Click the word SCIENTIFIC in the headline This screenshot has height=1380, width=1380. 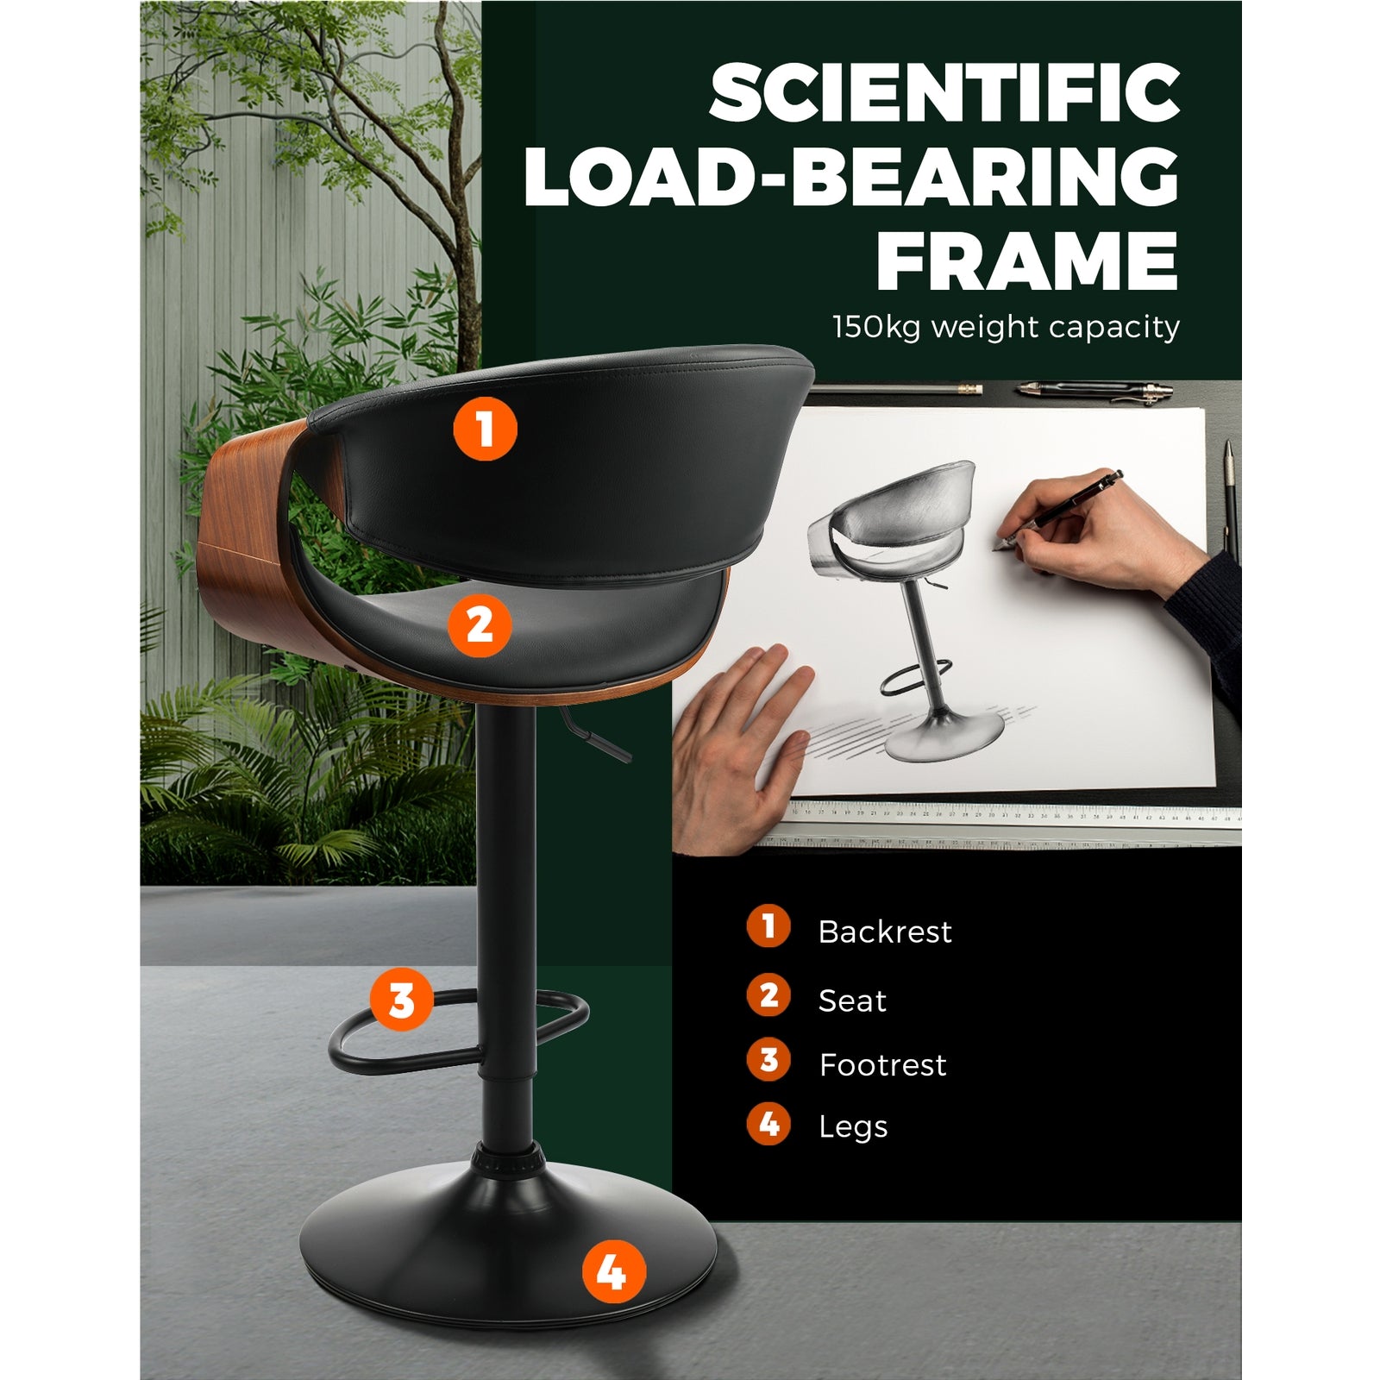coord(944,93)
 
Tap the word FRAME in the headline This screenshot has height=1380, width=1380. coord(1027,261)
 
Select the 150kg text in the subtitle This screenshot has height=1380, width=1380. coord(877,328)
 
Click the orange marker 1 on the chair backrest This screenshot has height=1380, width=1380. coord(486,429)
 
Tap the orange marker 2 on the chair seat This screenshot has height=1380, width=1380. coord(480,625)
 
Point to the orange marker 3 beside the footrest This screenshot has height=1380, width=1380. coord(402,1000)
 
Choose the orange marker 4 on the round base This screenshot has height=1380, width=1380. coord(614,1271)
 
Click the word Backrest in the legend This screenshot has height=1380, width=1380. coord(885,931)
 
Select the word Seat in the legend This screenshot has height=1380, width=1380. coord(852,1000)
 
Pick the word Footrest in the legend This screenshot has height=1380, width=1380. coord(882,1064)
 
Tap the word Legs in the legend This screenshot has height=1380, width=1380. coord(853,1127)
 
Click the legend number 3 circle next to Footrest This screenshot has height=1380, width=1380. coord(768,1059)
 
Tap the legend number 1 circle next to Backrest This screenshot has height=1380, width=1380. coord(768,926)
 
